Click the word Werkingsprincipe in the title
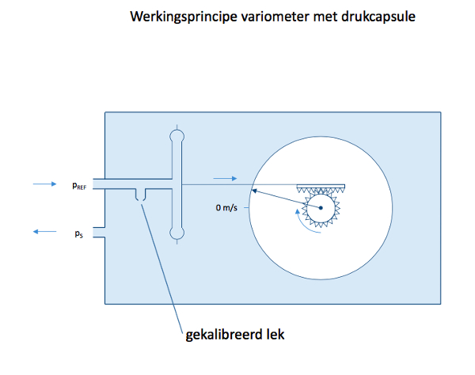coord(184,17)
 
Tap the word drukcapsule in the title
coord(378,17)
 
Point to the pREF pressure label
coord(79,186)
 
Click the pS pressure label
coord(78,234)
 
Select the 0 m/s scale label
coord(226,207)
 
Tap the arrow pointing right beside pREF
coord(45,184)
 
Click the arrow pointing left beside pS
coord(45,232)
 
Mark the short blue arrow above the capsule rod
coord(225,179)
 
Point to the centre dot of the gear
coord(321,207)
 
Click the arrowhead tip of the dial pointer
coord(253,190)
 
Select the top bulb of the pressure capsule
coord(177,135)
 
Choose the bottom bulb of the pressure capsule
coord(177,233)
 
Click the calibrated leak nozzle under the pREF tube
coord(140,195)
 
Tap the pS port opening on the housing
coord(99,232)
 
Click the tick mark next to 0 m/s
coord(246,207)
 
